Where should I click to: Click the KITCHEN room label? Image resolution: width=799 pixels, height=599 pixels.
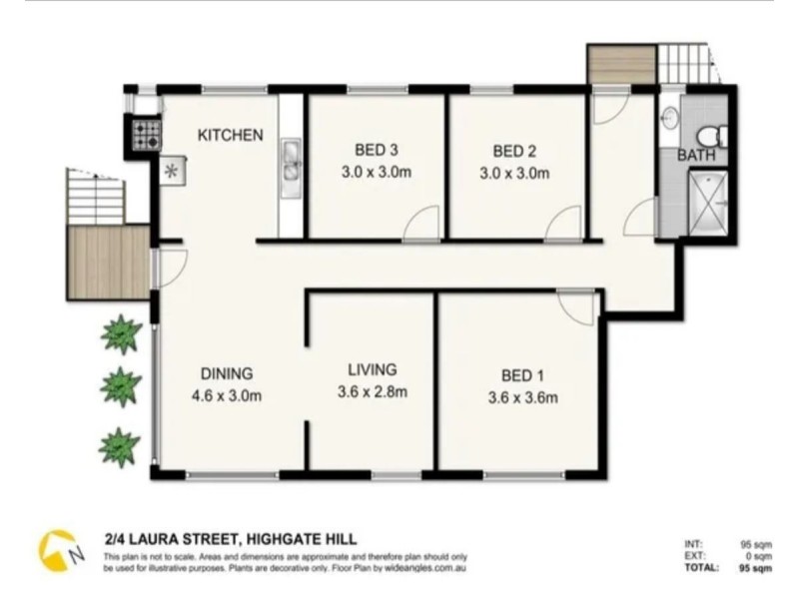pos(230,135)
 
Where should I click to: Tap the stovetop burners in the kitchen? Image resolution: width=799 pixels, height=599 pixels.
pos(146,135)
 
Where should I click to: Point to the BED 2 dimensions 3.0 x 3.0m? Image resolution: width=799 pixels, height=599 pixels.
pos(515,172)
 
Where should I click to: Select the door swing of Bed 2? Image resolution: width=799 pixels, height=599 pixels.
pos(565,224)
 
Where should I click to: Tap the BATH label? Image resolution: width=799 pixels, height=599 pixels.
pos(696,156)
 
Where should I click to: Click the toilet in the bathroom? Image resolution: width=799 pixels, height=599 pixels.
pos(708,134)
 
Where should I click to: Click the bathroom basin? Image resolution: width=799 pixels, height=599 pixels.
pos(670,118)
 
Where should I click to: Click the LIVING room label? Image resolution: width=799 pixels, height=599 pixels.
pos(372,369)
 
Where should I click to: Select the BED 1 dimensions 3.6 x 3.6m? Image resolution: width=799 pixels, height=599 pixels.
pos(522,397)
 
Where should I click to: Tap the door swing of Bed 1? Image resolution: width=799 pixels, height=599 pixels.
pos(577,304)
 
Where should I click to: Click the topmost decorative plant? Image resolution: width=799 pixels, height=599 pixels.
pos(121,334)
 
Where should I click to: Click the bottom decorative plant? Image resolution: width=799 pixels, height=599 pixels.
pos(120,447)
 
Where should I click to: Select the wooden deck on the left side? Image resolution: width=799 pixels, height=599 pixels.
pos(108,263)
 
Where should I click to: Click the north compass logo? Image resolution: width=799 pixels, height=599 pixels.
pos(59,550)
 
